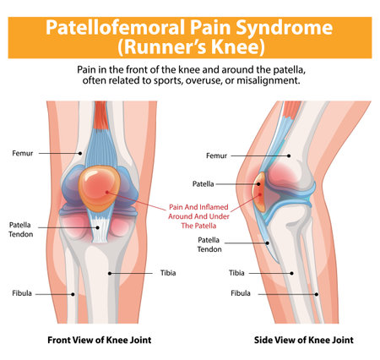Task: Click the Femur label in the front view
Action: tap(23, 153)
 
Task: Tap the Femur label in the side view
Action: tap(216, 155)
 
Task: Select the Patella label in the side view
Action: tap(203, 184)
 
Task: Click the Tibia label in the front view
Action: tap(168, 273)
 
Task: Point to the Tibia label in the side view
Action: tap(236, 273)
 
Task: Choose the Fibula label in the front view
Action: tap(22, 293)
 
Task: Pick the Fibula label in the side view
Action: tap(241, 293)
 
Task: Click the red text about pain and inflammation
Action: tap(198, 216)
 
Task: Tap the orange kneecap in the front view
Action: tap(99, 188)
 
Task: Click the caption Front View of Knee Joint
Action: tap(100, 340)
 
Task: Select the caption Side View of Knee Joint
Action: tap(304, 340)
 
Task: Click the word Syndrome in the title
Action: tap(285, 28)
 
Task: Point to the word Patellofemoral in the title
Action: tap(115, 28)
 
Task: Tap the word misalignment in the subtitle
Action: tap(268, 80)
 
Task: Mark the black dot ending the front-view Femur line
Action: tap(80, 153)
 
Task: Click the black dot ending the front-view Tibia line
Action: tap(110, 273)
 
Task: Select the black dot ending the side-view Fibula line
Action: tap(317, 294)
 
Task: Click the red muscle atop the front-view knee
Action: tap(100, 116)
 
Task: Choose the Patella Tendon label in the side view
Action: tap(209, 244)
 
